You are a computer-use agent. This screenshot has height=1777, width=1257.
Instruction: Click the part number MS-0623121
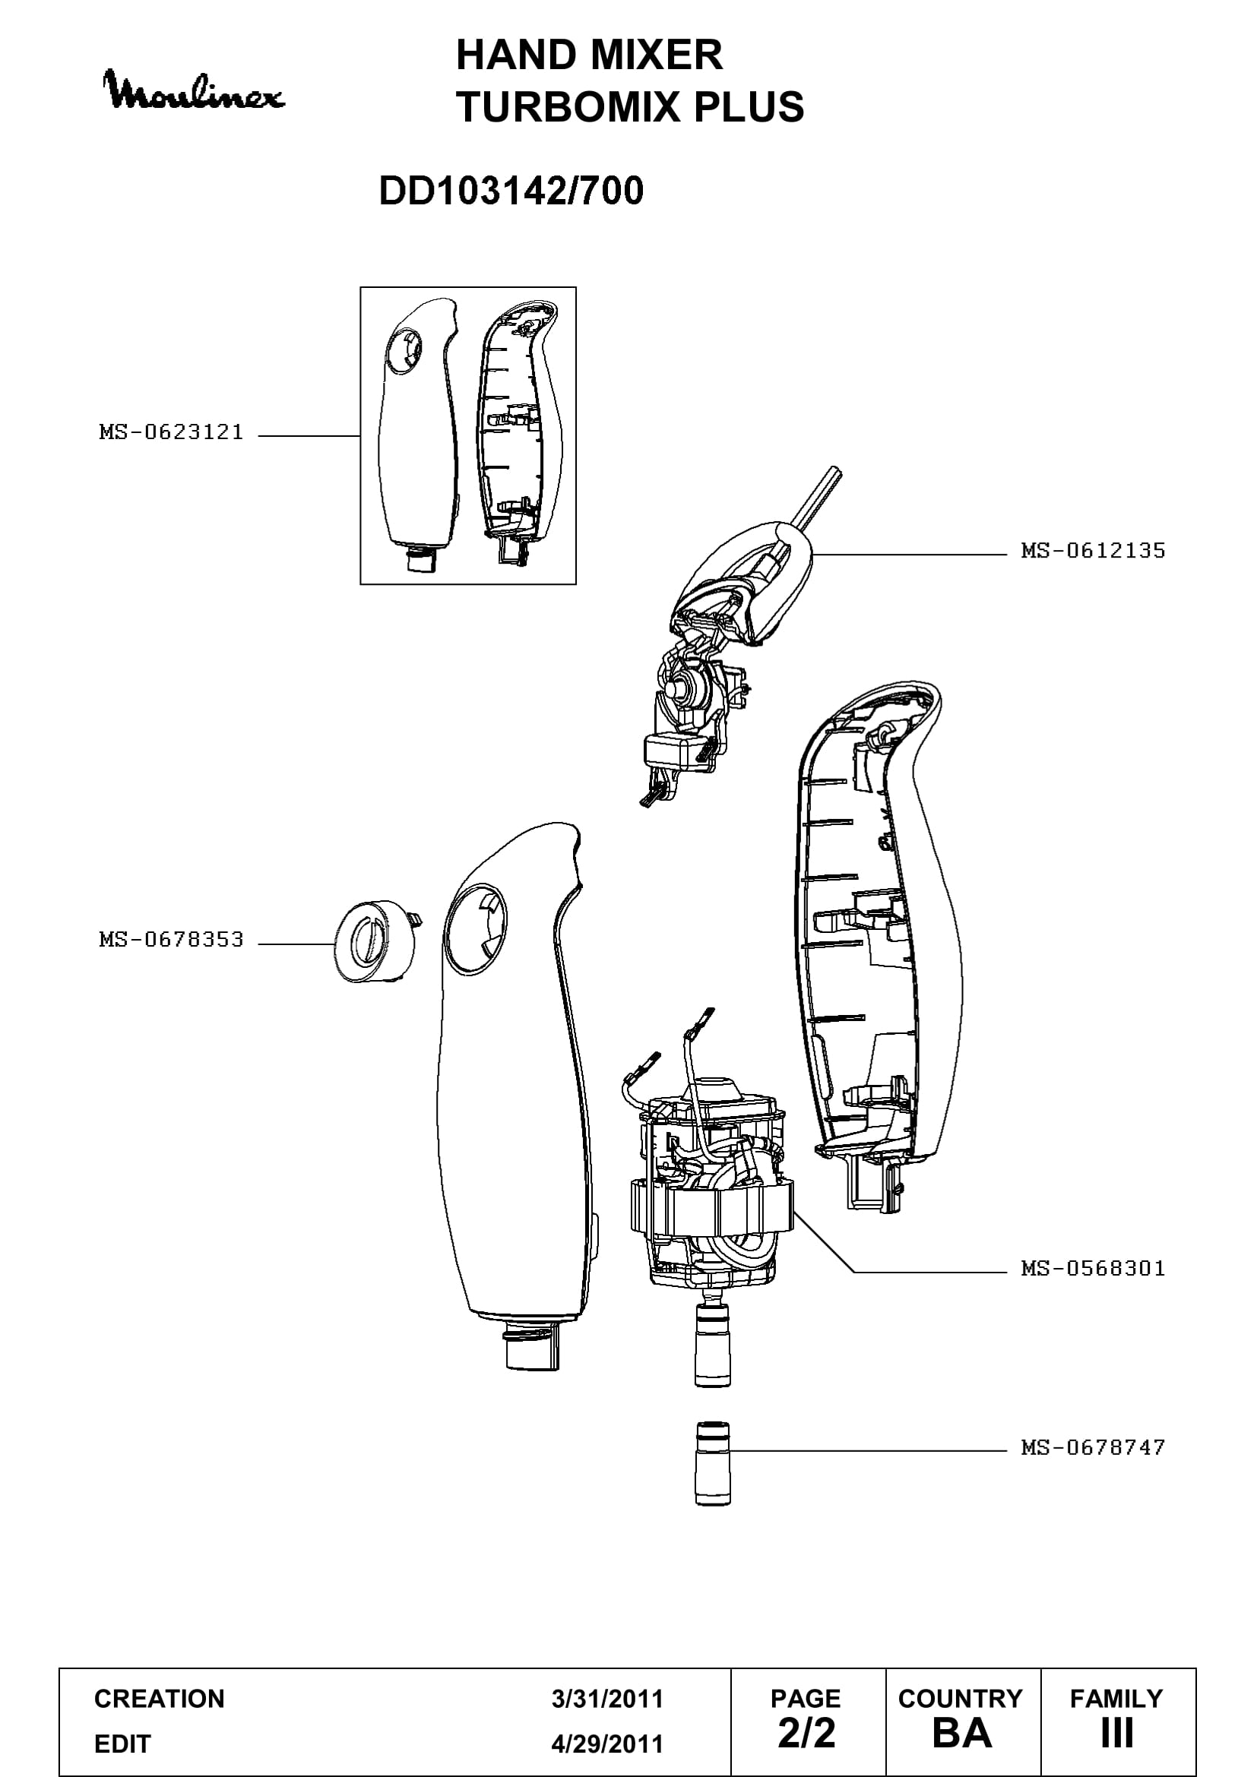click(171, 432)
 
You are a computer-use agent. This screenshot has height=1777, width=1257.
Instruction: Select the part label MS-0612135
click(1093, 550)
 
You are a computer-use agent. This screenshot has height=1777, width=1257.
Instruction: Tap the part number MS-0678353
click(171, 940)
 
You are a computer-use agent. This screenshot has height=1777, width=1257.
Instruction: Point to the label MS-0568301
click(1093, 1268)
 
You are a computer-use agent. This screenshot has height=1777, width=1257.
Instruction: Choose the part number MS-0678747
click(1093, 1447)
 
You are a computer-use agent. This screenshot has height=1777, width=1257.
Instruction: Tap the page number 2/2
click(806, 1734)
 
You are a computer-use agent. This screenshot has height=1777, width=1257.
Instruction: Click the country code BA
click(961, 1734)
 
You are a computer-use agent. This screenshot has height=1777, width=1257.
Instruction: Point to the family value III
click(1117, 1734)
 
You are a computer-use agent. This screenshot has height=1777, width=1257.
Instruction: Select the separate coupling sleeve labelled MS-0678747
click(712, 1463)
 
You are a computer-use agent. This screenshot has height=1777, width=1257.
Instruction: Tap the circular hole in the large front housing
click(476, 928)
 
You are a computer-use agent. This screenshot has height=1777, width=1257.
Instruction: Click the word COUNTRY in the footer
click(961, 1699)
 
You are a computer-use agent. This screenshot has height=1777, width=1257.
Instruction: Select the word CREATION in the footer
click(160, 1699)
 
